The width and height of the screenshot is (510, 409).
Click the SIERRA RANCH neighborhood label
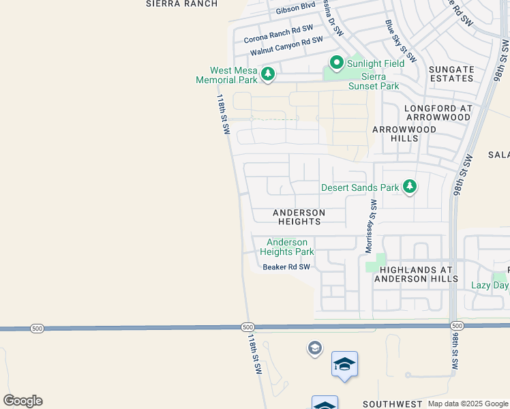click(182, 3)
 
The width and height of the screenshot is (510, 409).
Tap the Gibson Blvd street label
click(295, 7)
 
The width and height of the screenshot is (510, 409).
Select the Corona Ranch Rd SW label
click(278, 33)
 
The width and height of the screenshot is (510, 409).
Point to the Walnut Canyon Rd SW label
click(286, 46)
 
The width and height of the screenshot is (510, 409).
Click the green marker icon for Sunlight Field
click(336, 63)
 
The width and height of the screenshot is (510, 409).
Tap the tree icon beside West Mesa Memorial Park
click(268, 74)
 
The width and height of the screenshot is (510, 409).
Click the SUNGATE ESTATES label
click(451, 74)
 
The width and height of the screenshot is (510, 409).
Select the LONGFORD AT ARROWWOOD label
click(437, 112)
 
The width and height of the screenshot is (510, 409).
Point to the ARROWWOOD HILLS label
click(395, 133)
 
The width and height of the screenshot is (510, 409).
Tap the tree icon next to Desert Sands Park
click(409, 187)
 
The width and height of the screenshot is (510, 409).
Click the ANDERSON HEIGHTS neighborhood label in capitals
click(299, 217)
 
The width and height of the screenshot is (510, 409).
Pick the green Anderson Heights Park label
click(286, 247)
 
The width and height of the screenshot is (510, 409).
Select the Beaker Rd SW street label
click(286, 267)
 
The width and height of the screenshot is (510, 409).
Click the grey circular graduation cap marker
click(314, 349)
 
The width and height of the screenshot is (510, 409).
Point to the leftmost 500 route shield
click(37, 329)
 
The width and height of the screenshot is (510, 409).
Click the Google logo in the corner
click(22, 400)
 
